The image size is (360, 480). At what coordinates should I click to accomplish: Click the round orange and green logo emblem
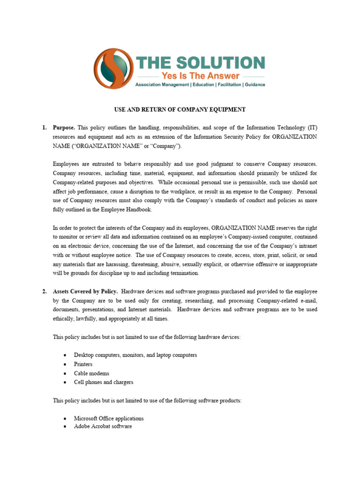[113, 69]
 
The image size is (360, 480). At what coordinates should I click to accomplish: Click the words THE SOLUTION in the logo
[200, 63]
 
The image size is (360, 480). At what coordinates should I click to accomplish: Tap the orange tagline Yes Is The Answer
[200, 76]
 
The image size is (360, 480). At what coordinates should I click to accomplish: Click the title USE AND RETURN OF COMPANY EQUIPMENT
[180, 110]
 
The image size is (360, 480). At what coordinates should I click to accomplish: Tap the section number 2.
[44, 292]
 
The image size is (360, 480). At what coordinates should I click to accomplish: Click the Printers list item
[83, 364]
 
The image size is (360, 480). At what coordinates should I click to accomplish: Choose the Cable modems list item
[91, 374]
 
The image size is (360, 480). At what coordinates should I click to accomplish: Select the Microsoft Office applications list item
[109, 418]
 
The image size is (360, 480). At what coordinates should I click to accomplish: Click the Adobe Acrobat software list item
[103, 427]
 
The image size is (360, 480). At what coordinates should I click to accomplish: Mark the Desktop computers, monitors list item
[135, 355]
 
